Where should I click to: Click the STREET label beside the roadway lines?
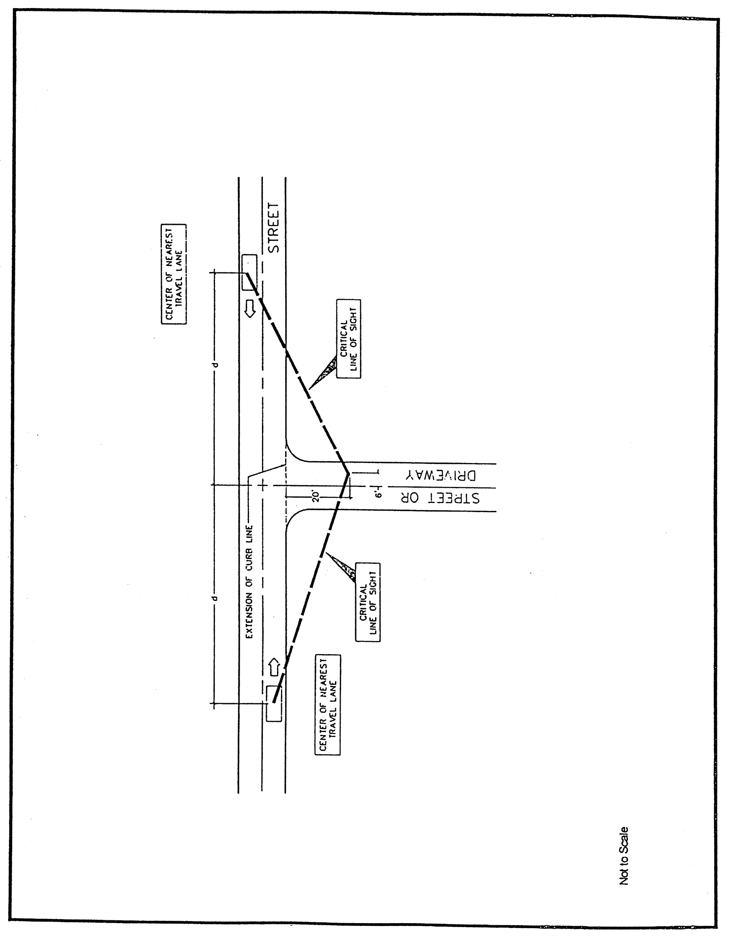(x=274, y=228)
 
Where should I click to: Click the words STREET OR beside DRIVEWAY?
(x=440, y=497)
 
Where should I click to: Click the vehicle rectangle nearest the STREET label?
(x=249, y=272)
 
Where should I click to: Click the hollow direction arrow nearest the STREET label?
(x=250, y=309)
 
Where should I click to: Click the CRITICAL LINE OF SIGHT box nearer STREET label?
(x=348, y=339)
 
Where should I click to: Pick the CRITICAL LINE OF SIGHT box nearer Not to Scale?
(x=368, y=602)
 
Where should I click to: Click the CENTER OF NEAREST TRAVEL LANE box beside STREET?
(x=174, y=274)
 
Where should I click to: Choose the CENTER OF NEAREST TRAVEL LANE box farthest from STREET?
(x=327, y=705)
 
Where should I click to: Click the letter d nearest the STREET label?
(x=217, y=365)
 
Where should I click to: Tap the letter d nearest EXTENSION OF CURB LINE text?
(x=217, y=599)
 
